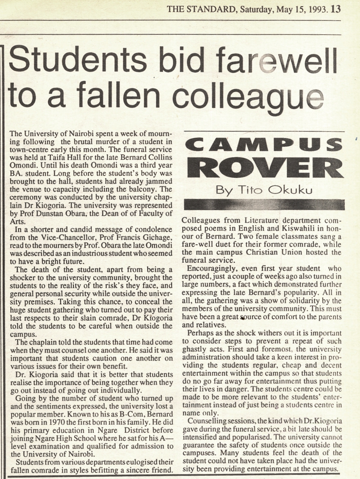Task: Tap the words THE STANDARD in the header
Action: (201, 9)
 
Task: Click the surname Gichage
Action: (159, 237)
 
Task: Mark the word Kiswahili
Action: (299, 229)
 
